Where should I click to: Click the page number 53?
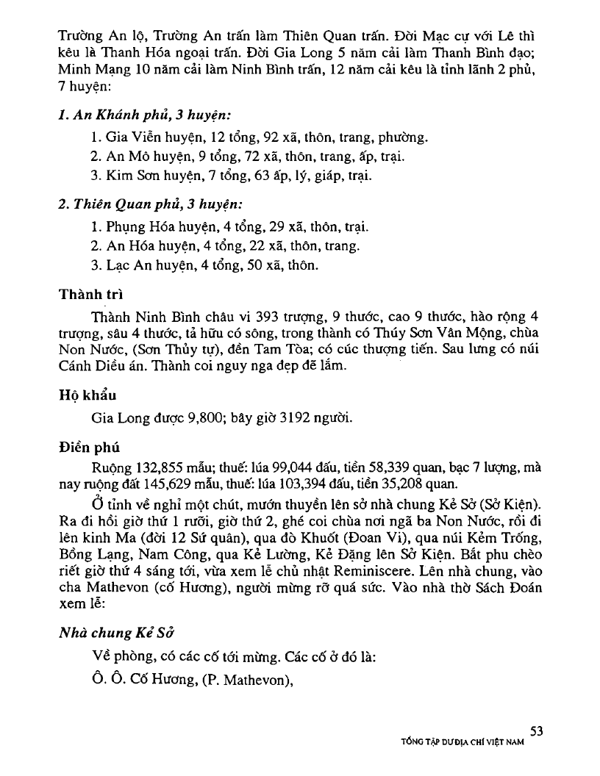click(x=536, y=730)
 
